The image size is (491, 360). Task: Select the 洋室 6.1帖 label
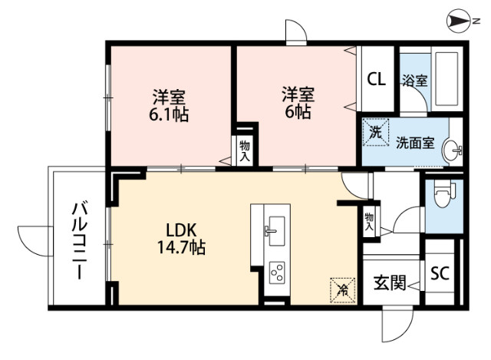[170, 106]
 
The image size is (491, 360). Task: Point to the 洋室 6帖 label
[296, 103]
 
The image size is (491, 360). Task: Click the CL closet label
[376, 78]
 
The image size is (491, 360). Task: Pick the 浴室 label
[415, 78]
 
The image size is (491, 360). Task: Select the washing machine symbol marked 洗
[376, 131]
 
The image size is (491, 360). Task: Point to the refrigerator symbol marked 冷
[343, 289]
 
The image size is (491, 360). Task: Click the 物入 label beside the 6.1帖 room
[245, 148]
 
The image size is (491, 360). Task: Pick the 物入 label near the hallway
[370, 222]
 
